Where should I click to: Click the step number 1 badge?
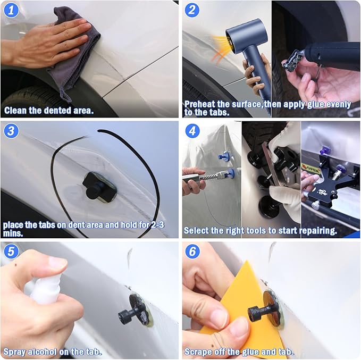click(x=10, y=10)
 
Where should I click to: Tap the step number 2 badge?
click(x=192, y=10)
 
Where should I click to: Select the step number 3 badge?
click(x=10, y=130)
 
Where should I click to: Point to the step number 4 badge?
click(x=192, y=130)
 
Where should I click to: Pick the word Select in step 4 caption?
click(x=197, y=231)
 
